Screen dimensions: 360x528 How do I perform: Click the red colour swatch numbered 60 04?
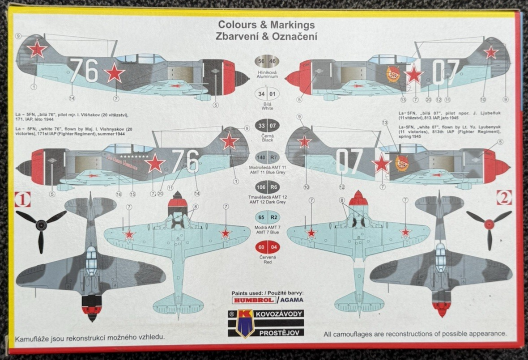[x=268, y=247]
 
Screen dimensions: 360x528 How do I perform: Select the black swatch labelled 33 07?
[x=268, y=125]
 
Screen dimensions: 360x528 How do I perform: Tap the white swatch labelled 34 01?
[x=268, y=94]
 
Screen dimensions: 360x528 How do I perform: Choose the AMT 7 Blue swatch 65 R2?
[x=268, y=216]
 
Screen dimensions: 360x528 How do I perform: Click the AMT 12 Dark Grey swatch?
[x=268, y=186]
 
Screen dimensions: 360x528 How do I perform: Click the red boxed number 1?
[x=22, y=199]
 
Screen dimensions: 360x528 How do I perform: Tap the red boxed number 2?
[x=504, y=197]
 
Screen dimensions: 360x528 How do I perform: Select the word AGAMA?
[x=291, y=300]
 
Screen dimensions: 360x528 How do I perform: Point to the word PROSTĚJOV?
[x=279, y=332]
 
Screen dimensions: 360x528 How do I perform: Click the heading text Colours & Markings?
[x=266, y=25]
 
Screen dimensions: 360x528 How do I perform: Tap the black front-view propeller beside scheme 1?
[x=41, y=226]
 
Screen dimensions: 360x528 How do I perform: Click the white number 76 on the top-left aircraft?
[x=84, y=70]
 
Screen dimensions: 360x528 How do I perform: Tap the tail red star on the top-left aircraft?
[x=37, y=49]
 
